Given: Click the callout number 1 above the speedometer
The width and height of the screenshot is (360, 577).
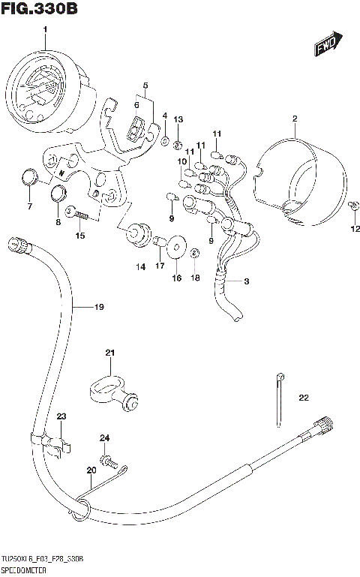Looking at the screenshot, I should [45, 29].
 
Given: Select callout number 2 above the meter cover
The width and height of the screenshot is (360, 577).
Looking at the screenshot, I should [295, 119].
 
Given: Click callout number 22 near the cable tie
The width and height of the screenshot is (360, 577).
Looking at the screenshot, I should [303, 398].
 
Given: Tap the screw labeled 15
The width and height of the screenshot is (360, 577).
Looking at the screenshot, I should [79, 215].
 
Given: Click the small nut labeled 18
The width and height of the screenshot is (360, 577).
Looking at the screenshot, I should [194, 253].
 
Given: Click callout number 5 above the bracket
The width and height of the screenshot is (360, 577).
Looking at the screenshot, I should [145, 86].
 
